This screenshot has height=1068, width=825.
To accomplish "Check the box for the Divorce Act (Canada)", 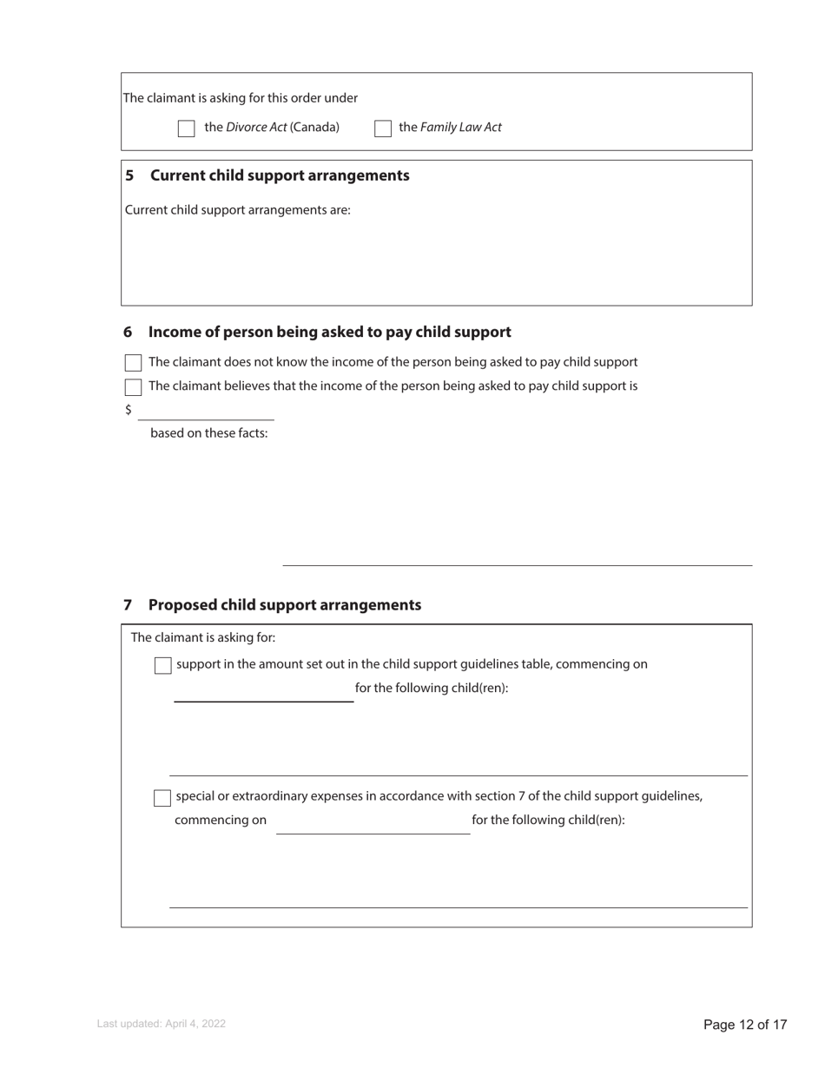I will click(186, 129).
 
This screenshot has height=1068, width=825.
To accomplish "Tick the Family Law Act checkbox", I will click(383, 129).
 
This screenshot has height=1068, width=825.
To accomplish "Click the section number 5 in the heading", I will click(129, 175).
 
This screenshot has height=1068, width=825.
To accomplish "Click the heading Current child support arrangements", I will click(280, 175).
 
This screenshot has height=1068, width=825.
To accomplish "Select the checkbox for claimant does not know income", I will click(133, 363).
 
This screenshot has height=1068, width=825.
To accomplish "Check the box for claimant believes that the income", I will click(133, 387).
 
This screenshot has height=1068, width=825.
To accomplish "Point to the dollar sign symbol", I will click(129, 410).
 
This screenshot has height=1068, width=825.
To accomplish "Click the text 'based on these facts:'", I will click(209, 433).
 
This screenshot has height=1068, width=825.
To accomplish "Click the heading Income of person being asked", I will click(329, 333).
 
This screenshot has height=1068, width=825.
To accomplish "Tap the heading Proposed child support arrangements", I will click(284, 605).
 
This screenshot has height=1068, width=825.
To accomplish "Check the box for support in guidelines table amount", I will click(162, 666).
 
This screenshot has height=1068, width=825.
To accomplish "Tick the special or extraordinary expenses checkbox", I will click(162, 798).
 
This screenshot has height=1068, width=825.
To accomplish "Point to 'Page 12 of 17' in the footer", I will click(745, 1025).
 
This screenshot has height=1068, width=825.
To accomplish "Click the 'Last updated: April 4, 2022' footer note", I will click(162, 1025).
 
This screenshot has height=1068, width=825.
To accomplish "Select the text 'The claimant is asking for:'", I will click(203, 638).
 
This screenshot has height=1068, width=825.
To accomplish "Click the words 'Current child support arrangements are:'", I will click(238, 210).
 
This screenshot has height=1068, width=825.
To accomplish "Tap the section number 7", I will click(128, 605).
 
